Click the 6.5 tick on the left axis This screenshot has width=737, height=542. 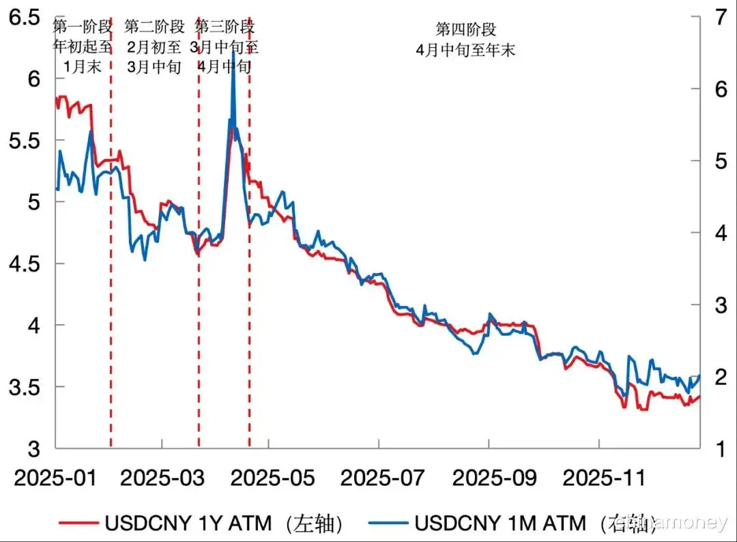[24, 17]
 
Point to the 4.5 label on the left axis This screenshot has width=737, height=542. [24, 263]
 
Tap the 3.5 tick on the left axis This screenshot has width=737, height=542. [24, 387]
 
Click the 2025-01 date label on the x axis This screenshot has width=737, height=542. [55, 477]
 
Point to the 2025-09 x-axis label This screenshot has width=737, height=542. [489, 477]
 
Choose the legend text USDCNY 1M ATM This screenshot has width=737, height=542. [500, 524]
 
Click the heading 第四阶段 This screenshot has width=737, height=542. [465, 29]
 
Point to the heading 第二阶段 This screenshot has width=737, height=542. [154, 27]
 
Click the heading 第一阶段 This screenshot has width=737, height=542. [82, 27]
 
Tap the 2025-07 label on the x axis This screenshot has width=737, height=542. [379, 477]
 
